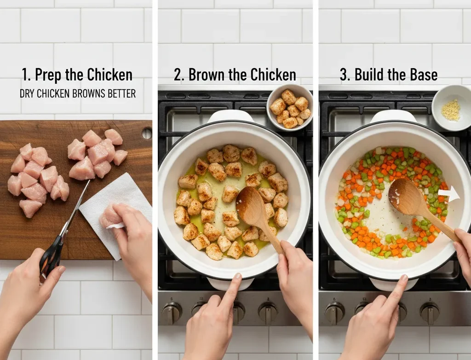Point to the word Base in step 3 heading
pos(424,75)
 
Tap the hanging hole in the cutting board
pos(147,133)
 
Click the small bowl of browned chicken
pos(289,108)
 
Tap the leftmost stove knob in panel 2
pos(172,313)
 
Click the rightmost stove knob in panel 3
pos(430,313)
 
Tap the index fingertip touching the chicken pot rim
pos(237,277)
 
